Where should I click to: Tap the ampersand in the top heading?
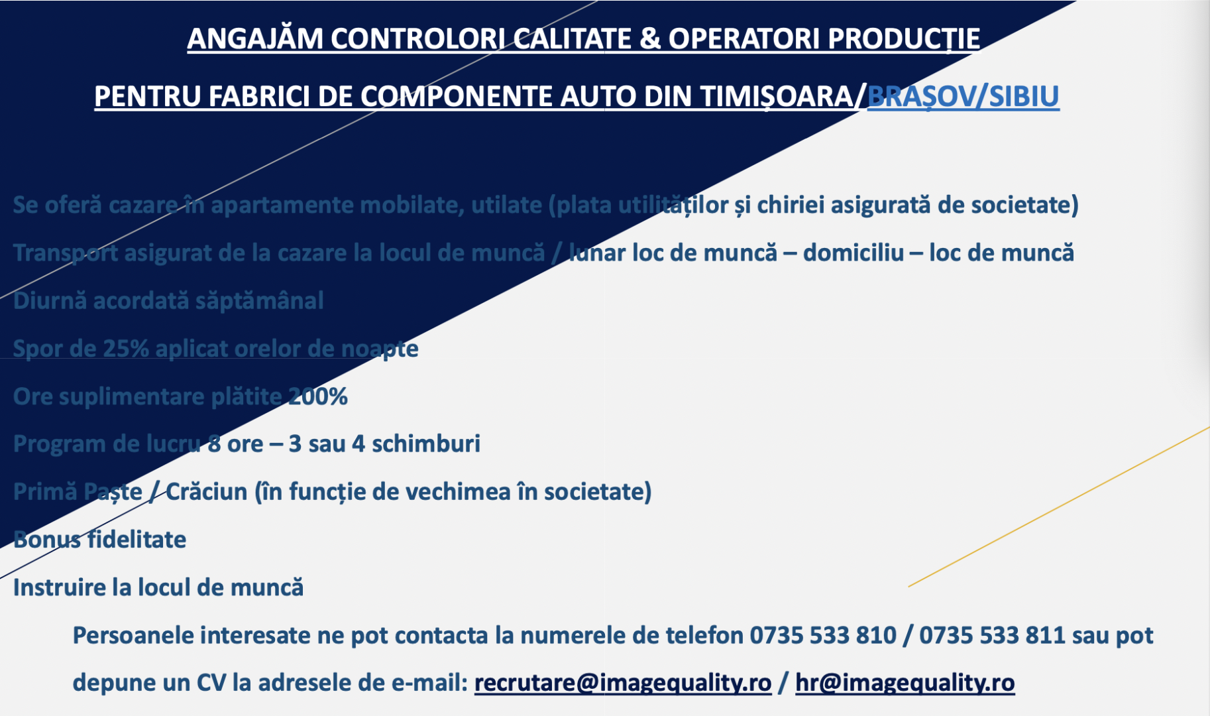[x=650, y=38]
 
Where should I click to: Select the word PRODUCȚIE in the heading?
[x=904, y=39]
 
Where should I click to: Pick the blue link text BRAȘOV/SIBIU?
[x=963, y=97]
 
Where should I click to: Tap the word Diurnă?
[x=50, y=300]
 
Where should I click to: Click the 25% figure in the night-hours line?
[x=125, y=349]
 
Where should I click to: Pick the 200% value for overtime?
[x=317, y=396]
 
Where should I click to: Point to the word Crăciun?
[x=206, y=492]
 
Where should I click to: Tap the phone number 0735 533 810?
[x=822, y=635]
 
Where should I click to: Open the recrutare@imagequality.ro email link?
[x=623, y=683]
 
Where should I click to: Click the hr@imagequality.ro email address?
[x=905, y=683]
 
